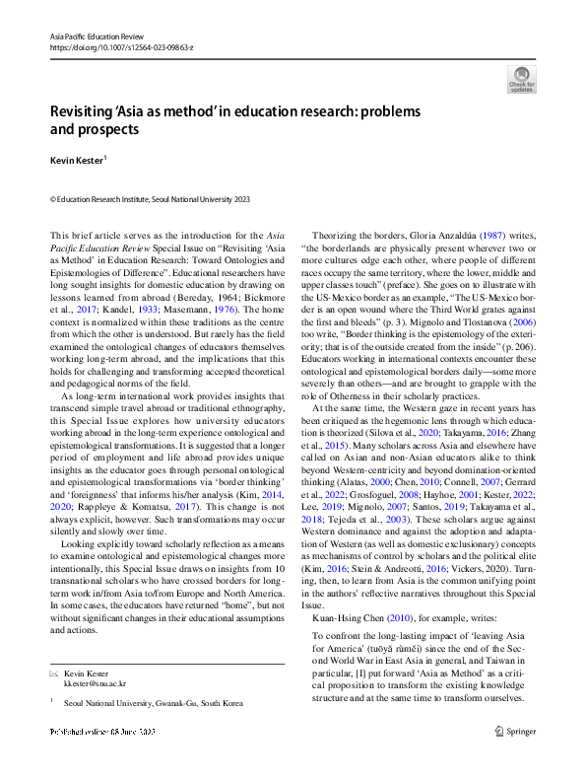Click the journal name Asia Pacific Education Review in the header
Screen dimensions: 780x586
(x=92, y=35)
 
